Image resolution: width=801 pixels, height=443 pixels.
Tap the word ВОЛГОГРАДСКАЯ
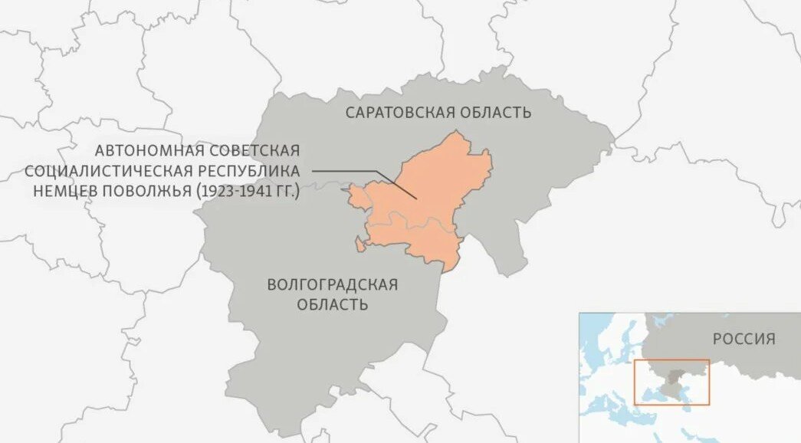pyautogui.click(x=332, y=285)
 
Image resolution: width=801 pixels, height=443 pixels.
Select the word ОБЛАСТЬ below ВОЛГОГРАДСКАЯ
pyautogui.click(x=333, y=305)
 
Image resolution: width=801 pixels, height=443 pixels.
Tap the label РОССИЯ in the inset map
pyautogui.click(x=744, y=339)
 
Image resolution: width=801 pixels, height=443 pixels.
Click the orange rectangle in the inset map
pyautogui.click(x=671, y=360)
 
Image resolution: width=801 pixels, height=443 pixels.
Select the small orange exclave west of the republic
pyautogui.click(x=358, y=244)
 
